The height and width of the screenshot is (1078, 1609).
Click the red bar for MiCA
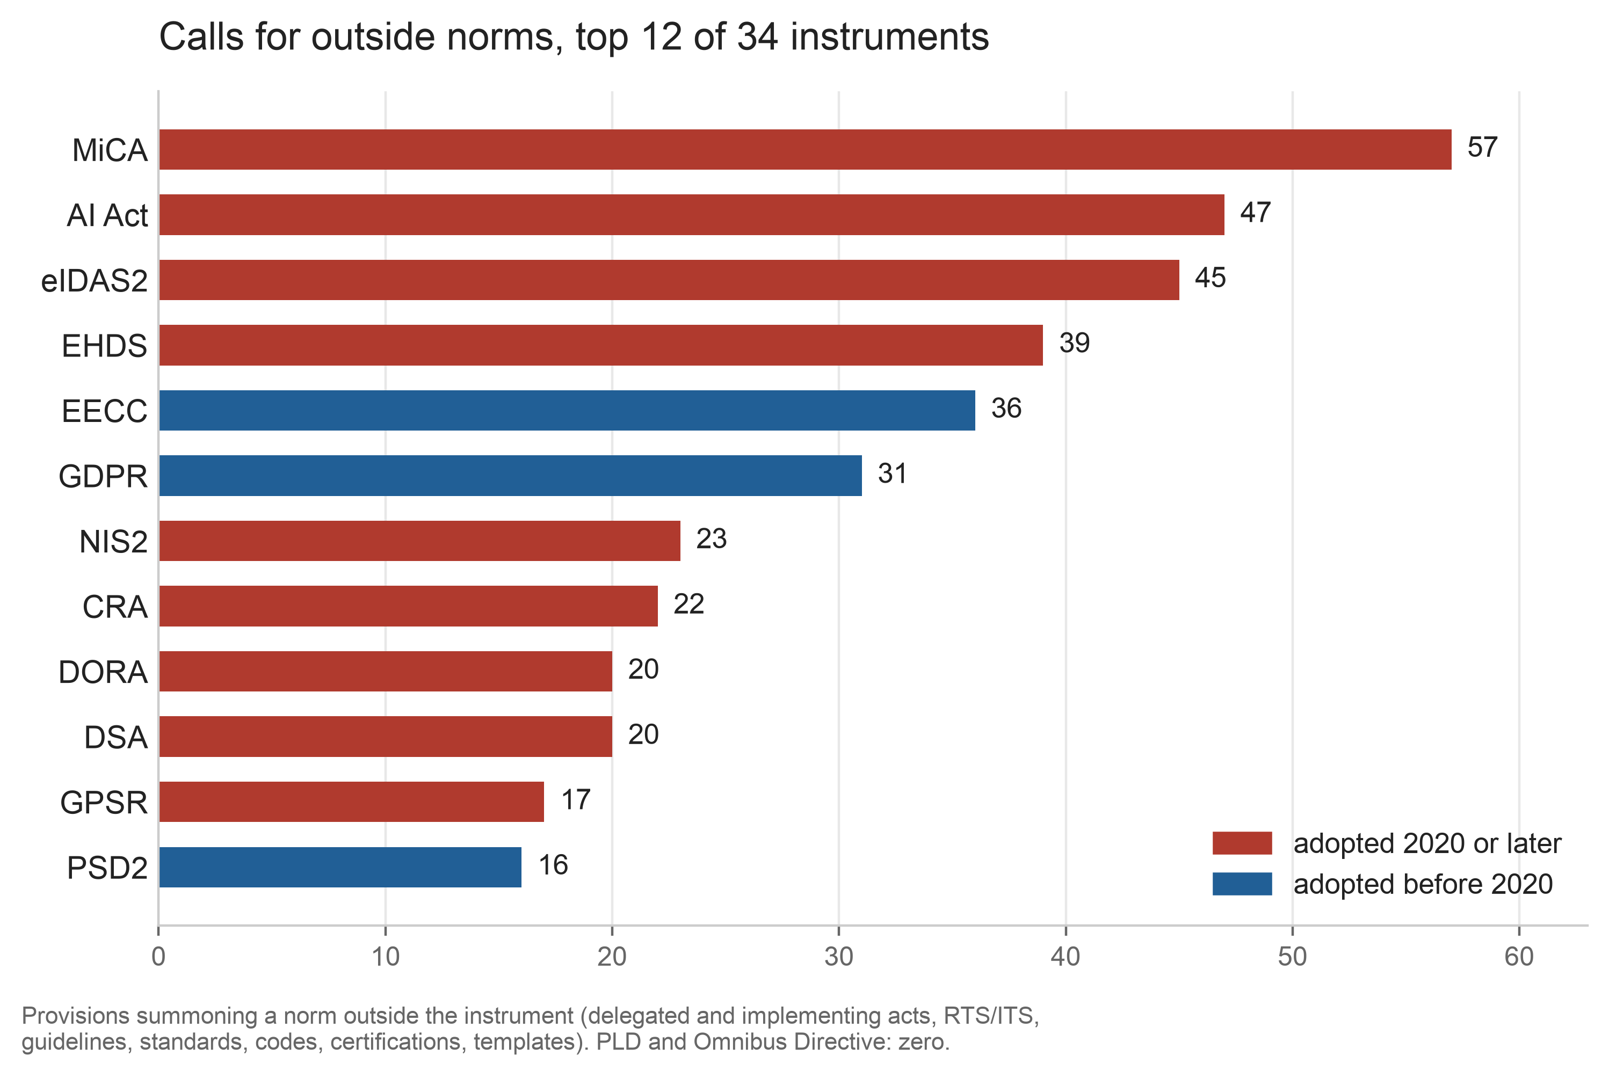click(805, 149)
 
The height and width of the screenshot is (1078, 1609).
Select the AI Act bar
click(692, 215)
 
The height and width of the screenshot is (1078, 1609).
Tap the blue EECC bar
click(567, 411)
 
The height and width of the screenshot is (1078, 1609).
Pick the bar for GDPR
click(510, 476)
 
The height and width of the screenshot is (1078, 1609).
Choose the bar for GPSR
click(351, 802)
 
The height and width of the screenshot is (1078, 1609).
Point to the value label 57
click(1482, 147)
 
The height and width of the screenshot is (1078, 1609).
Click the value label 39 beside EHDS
click(1074, 343)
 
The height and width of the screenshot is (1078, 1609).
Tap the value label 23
click(711, 539)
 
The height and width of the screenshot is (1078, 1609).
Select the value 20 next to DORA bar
click(643, 669)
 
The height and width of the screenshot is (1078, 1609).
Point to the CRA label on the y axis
click(115, 607)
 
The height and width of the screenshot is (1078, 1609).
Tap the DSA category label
click(115, 738)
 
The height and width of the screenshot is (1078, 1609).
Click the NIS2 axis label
click(113, 542)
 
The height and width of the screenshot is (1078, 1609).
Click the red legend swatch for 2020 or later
click(1242, 843)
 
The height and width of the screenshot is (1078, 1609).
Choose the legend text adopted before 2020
click(1423, 884)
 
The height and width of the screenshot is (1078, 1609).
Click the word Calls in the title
click(201, 37)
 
